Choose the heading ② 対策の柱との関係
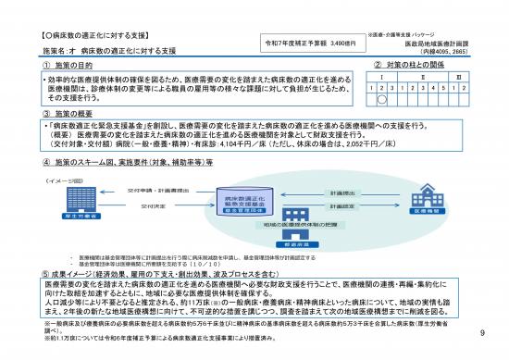410,66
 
